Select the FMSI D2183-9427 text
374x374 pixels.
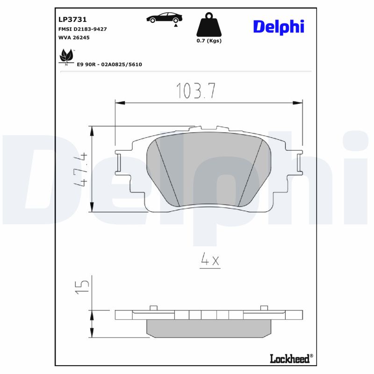point(82,29)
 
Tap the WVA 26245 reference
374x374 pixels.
point(74,37)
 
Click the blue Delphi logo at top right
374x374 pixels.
point(279,27)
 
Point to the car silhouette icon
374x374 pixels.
point(164,18)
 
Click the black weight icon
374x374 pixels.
point(209,25)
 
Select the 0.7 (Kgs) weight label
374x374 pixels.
point(209,41)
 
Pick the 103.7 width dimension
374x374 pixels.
point(195,91)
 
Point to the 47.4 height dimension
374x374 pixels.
point(81,168)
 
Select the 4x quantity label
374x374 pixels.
point(209,260)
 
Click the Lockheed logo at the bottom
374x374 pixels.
point(290,359)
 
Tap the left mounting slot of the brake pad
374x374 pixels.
point(118,162)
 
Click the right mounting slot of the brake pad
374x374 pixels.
point(300,162)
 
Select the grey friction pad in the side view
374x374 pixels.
point(209,328)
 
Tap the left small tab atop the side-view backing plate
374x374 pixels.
point(152,307)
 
